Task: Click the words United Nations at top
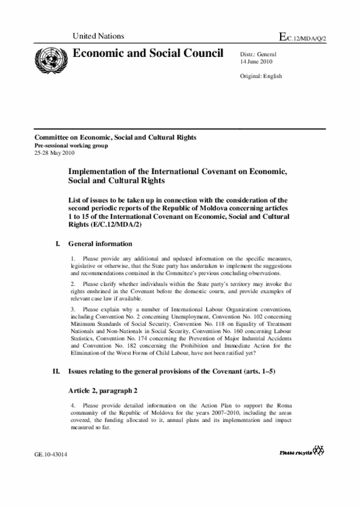click(x=98, y=37)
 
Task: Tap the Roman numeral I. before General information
click(x=57, y=244)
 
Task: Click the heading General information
click(x=100, y=244)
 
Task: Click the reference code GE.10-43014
click(x=51, y=454)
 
